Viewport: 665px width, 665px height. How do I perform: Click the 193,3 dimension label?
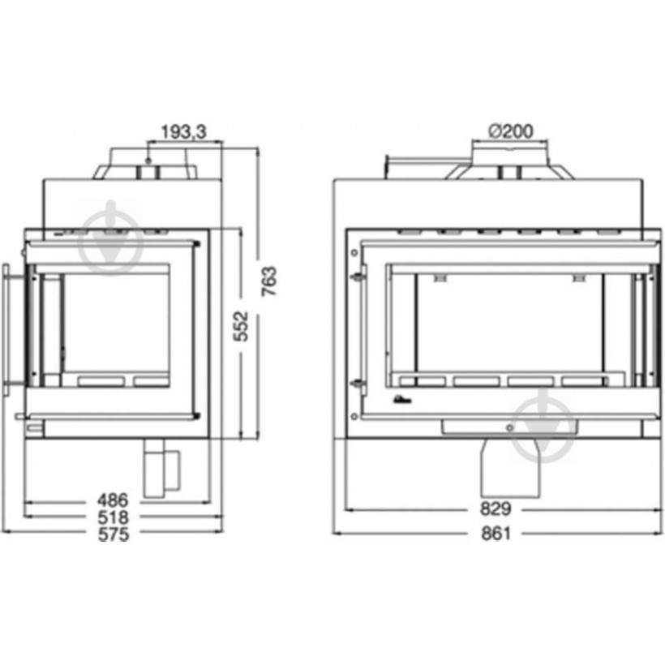(x=183, y=132)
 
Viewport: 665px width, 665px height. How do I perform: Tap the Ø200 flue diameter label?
(x=511, y=131)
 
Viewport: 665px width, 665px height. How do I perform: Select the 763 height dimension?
(x=269, y=281)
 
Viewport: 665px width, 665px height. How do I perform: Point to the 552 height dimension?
(x=242, y=326)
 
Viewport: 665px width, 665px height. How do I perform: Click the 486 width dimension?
(x=113, y=500)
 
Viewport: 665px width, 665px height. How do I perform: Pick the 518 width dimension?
(x=113, y=517)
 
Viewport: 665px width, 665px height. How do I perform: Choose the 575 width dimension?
(x=113, y=534)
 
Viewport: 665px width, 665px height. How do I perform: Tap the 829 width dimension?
(x=495, y=508)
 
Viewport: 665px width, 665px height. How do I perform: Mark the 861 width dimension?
(x=496, y=534)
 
